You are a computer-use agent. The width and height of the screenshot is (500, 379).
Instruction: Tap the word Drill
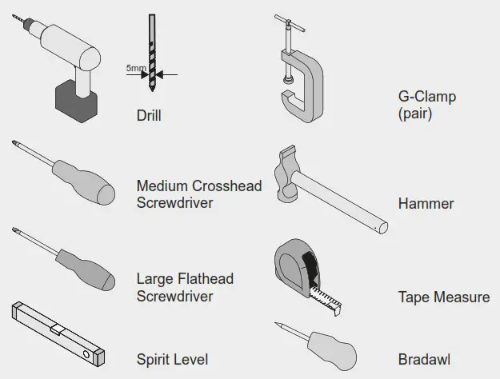149,116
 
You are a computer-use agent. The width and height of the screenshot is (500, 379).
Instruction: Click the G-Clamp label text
427,98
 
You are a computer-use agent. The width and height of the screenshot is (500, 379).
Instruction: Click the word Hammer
426,204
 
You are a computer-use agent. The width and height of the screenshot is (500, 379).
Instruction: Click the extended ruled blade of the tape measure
326,298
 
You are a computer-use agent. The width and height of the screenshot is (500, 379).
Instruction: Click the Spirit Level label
172,359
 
